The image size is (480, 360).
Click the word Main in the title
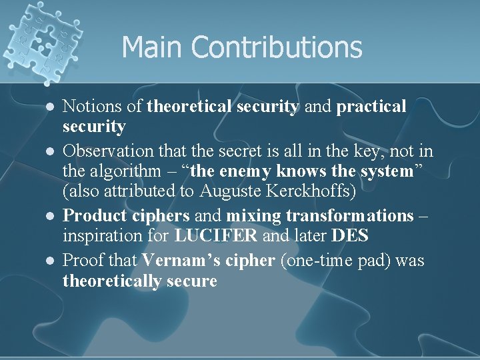(153, 48)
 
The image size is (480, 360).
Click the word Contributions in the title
(277, 48)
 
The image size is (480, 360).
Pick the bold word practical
(371, 106)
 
